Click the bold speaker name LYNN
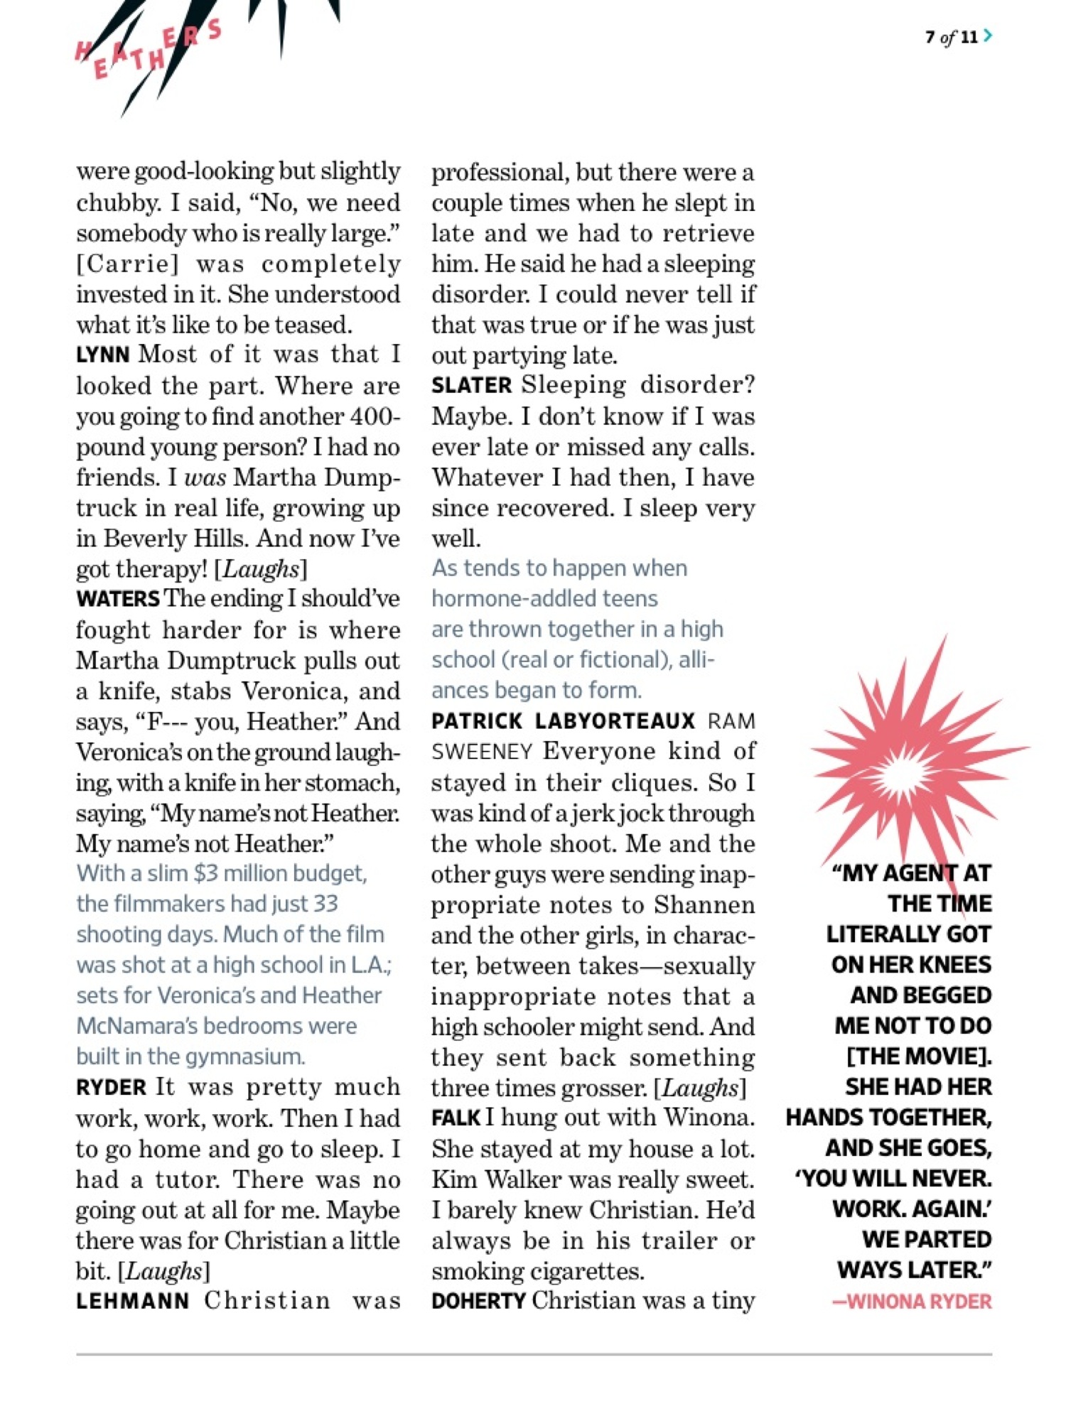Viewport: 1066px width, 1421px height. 102,355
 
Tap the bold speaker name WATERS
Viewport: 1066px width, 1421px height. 117,599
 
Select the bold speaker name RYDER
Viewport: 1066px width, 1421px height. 111,1088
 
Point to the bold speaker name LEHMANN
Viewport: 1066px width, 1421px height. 133,1302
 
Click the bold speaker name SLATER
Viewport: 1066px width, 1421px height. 471,386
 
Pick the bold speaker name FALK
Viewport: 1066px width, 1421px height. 456,1118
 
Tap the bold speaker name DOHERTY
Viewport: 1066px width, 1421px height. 478,1302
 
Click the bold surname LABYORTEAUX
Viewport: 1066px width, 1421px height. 615,721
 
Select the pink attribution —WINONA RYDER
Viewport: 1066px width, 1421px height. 912,1302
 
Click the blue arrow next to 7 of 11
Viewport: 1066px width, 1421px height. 988,36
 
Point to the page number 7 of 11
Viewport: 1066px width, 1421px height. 951,37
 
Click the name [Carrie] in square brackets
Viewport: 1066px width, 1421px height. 128,264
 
